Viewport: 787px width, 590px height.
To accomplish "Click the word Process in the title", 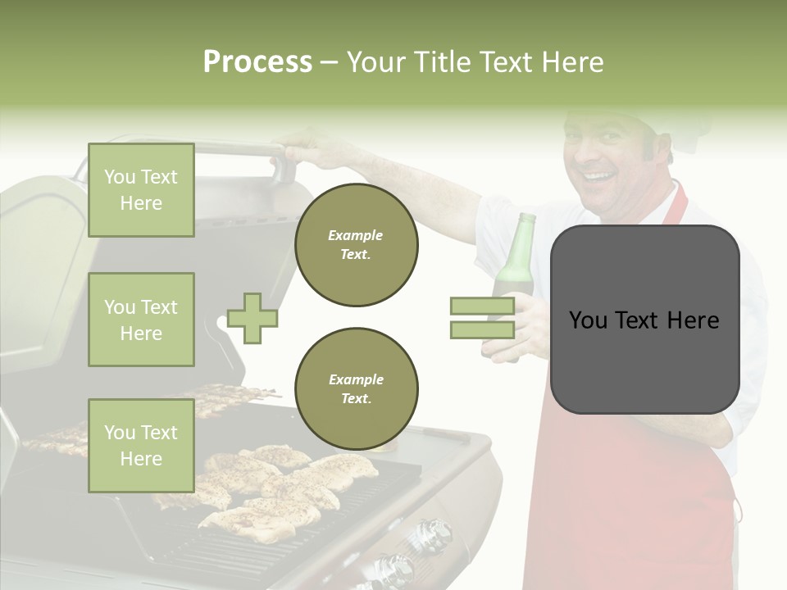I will [x=257, y=62].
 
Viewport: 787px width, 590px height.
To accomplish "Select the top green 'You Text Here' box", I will [x=141, y=190].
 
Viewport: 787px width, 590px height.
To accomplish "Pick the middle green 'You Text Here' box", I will [x=141, y=320].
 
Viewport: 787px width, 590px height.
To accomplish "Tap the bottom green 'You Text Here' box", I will [x=141, y=445].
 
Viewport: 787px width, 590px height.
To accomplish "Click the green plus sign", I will [x=252, y=318].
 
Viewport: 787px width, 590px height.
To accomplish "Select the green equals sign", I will [x=482, y=318].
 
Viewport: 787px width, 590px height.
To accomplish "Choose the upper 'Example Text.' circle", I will [x=356, y=244].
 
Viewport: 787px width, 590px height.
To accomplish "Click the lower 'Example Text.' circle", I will [x=356, y=388].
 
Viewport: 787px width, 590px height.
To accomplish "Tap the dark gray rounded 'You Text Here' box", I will [x=644, y=320].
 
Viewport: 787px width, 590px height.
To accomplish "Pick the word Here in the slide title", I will [x=572, y=62].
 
